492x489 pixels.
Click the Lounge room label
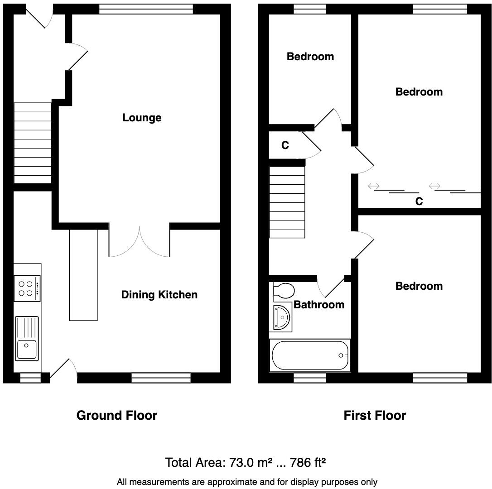[x=142, y=118]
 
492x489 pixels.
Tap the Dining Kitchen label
[x=159, y=295]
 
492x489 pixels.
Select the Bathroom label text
[x=319, y=305]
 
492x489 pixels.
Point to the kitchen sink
[x=27, y=339]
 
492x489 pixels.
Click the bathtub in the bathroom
[x=310, y=355]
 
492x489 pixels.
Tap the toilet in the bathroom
[x=284, y=292]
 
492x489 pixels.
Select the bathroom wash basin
[x=282, y=317]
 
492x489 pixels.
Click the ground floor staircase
[x=33, y=143]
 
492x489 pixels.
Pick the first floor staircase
[x=287, y=202]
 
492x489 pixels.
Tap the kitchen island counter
[x=83, y=275]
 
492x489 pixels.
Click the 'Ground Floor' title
[x=117, y=415]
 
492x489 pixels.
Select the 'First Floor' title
[x=375, y=415]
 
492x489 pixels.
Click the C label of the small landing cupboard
[x=285, y=145]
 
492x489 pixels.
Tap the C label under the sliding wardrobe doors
[x=419, y=201]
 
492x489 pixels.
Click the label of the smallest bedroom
[x=310, y=57]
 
